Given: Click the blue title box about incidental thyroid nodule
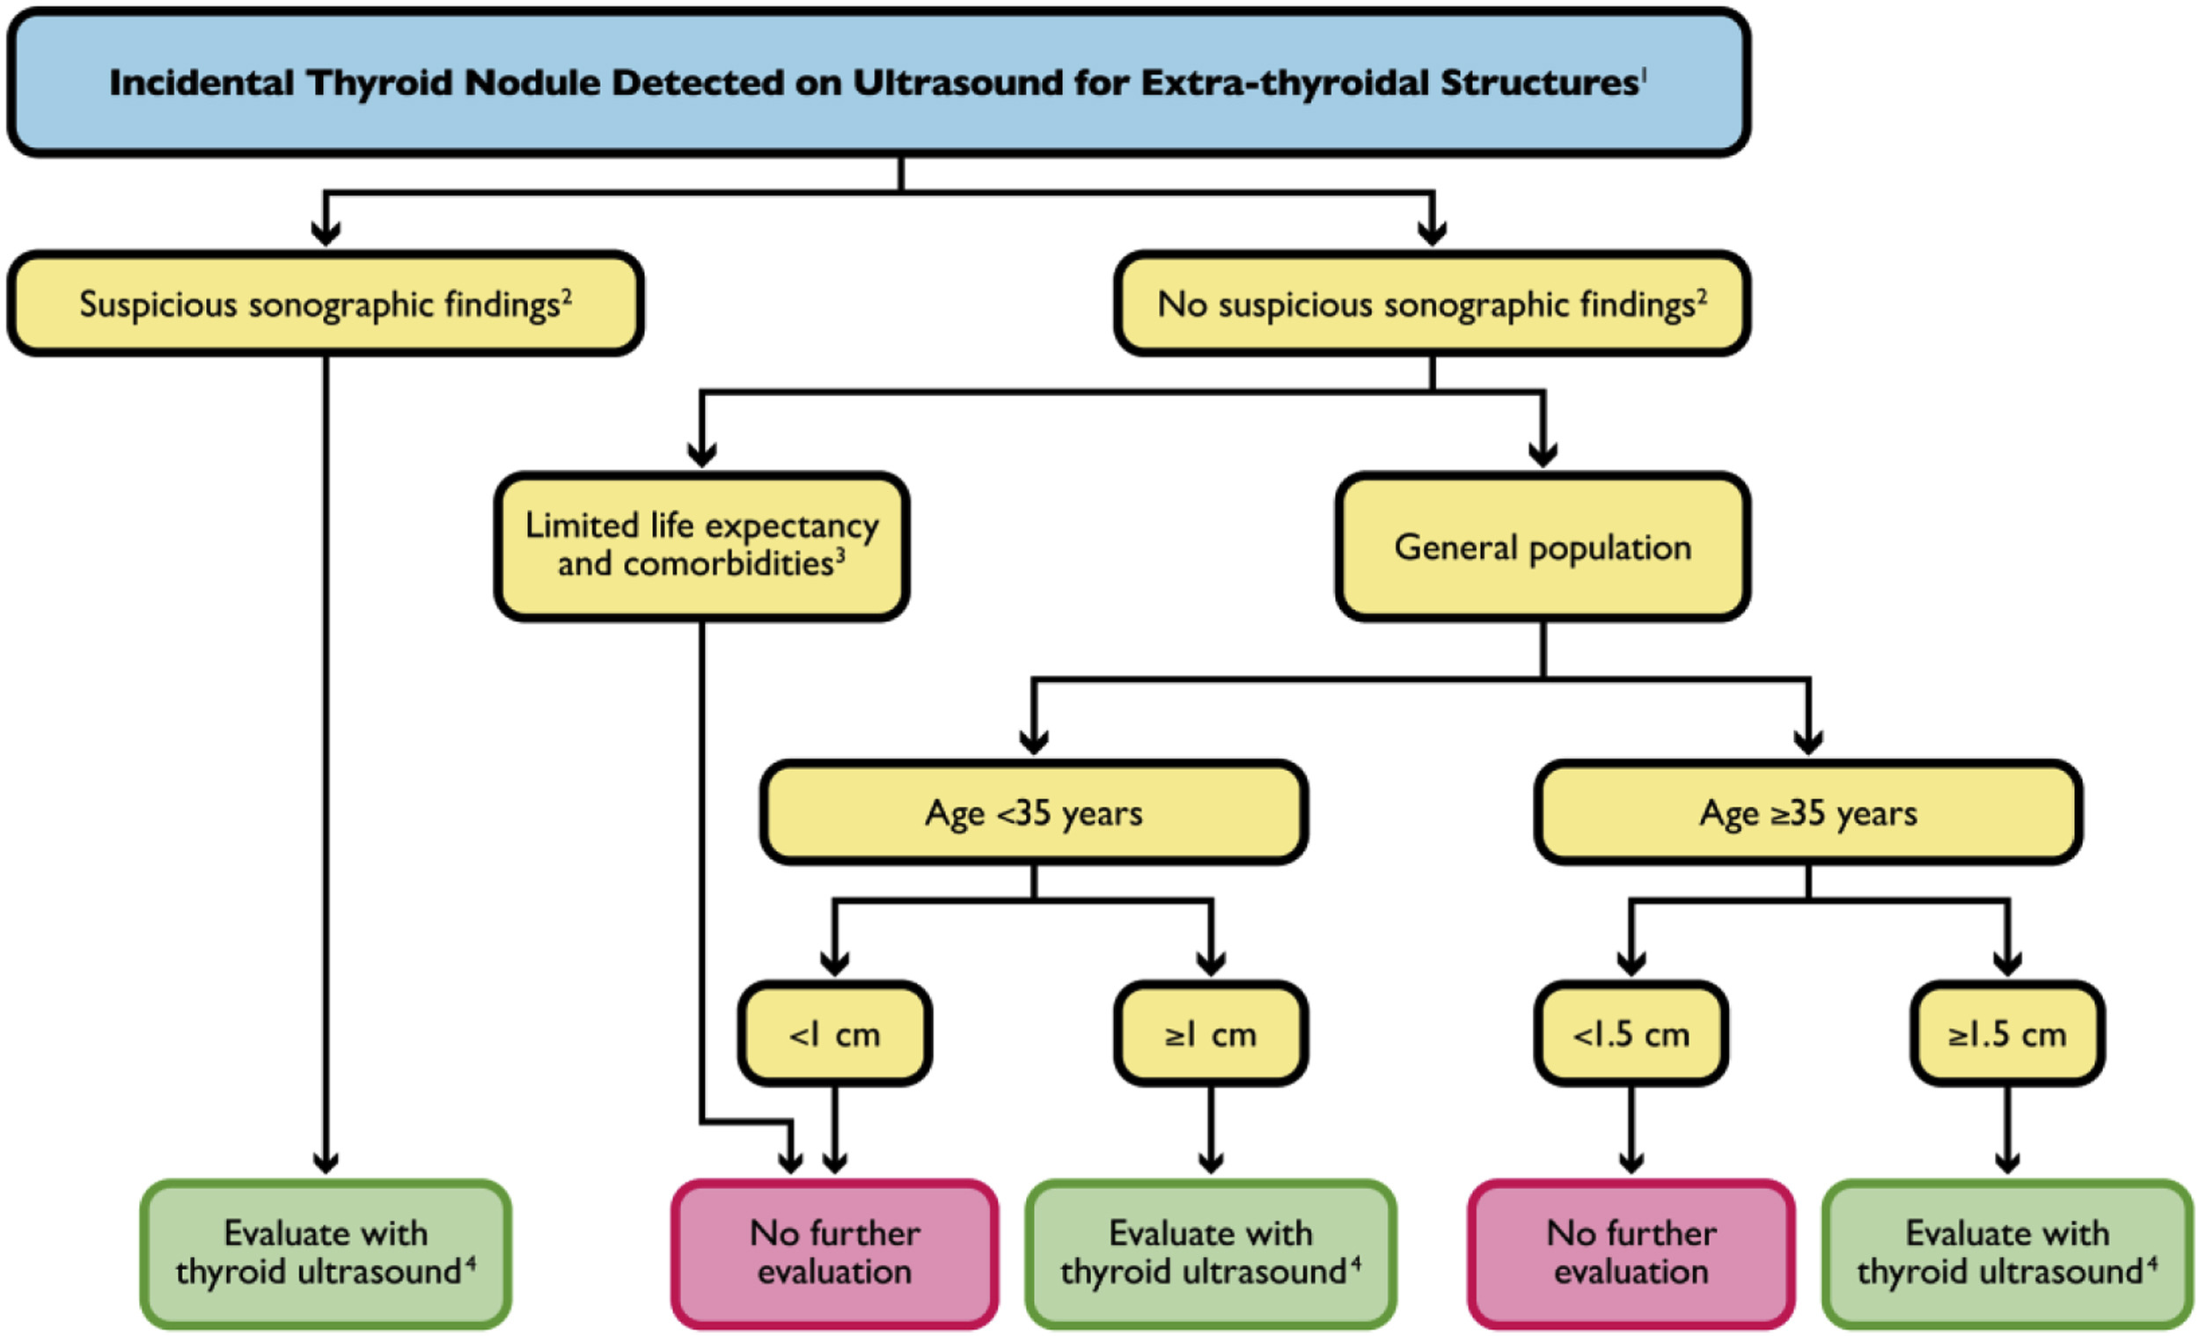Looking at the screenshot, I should click(x=878, y=82).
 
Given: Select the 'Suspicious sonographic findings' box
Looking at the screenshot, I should click(x=325, y=305).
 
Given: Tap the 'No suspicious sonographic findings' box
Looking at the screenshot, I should click(x=1432, y=305).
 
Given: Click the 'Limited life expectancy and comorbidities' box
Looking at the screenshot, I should click(x=701, y=546).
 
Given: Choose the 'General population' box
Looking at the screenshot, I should click(x=1543, y=547).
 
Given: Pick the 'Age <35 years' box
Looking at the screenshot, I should click(x=1033, y=812).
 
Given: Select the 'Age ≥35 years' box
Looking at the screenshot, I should click(x=1808, y=812).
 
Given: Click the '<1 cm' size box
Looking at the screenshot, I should click(x=834, y=1033).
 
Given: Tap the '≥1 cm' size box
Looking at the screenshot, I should click(x=1210, y=1033).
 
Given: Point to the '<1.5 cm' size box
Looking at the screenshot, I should click(x=1631, y=1033).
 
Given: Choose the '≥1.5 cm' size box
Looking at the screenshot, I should click(x=2007, y=1033).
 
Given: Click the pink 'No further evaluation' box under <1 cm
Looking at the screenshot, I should click(x=834, y=1253).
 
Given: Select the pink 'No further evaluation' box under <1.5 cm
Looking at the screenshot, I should click(x=1631, y=1253).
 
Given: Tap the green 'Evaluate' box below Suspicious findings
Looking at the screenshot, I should click(x=326, y=1253).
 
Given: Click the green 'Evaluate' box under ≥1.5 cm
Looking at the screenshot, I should click(x=2007, y=1253).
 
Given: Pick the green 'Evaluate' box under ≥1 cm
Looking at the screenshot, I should click(x=1210, y=1253).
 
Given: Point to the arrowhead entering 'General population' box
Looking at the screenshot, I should click(x=1543, y=455).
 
